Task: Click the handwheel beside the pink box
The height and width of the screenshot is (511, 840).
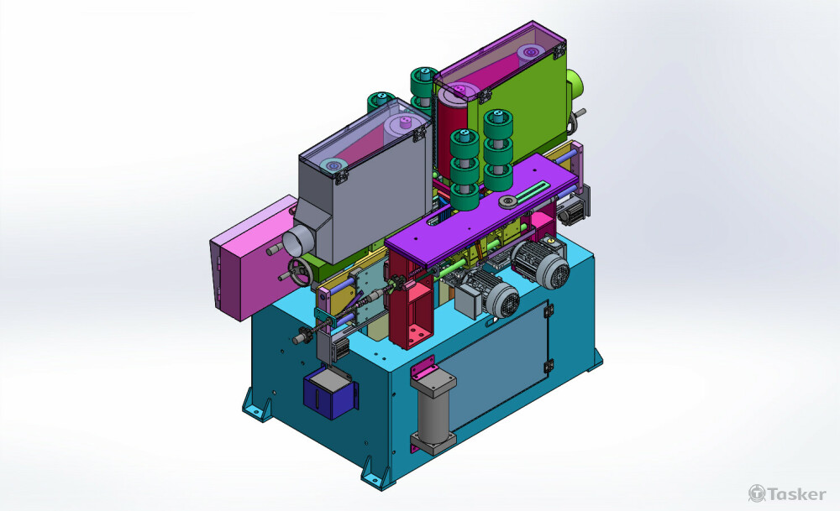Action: pos(300,272)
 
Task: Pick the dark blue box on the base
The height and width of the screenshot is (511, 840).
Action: pos(329,395)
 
